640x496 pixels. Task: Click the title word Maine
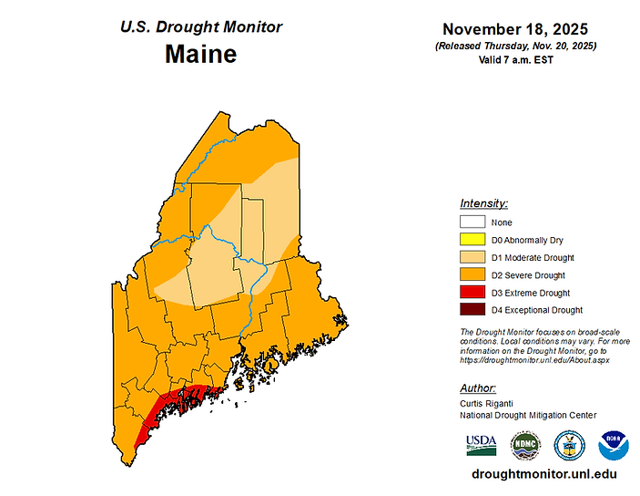pos(200,54)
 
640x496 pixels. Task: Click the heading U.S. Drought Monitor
pos(201,26)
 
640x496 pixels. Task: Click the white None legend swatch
pos(472,222)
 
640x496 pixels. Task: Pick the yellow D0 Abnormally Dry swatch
pos(472,240)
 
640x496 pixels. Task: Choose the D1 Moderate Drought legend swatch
pos(472,257)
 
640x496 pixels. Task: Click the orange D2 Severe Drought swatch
pos(472,275)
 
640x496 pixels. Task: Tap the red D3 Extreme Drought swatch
pos(472,293)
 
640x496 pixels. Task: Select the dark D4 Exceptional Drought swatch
pos(472,310)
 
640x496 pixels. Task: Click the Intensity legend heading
pos(484,203)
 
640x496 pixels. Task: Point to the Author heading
pos(478,387)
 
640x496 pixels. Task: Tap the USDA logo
pos(482,444)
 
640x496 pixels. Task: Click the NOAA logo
pos(614,444)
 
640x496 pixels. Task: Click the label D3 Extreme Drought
pos(530,293)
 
